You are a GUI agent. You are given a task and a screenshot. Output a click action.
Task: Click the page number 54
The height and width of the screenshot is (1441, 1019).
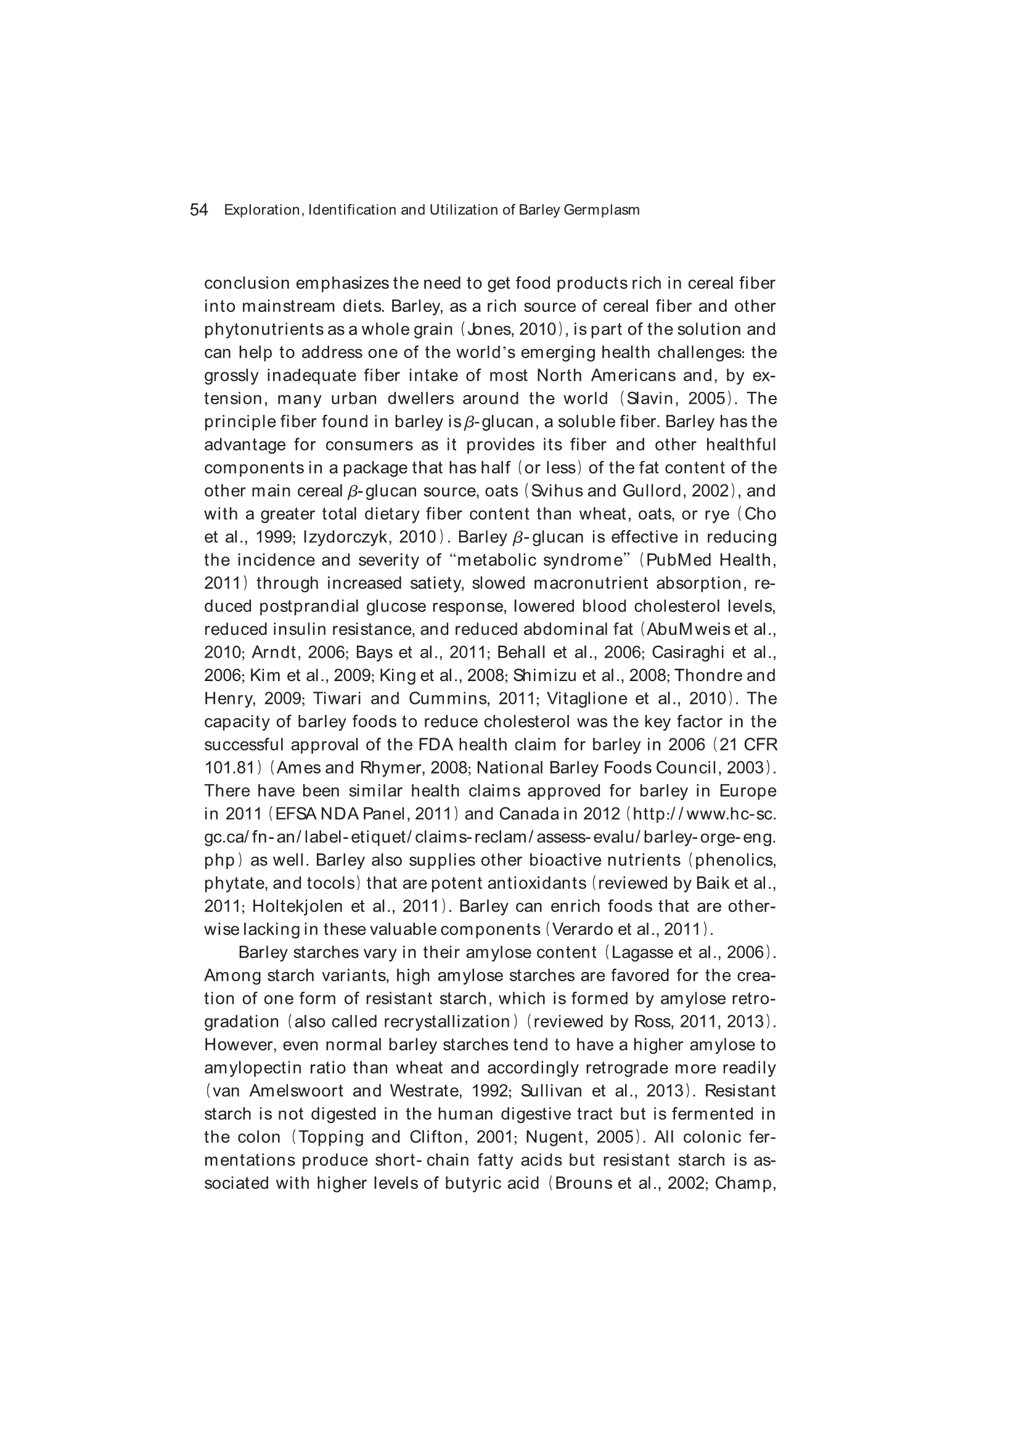click(198, 210)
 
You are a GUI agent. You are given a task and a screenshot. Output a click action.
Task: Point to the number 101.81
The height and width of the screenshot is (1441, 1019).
click(229, 768)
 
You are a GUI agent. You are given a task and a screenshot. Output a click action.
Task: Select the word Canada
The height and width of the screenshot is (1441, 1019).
click(529, 815)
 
